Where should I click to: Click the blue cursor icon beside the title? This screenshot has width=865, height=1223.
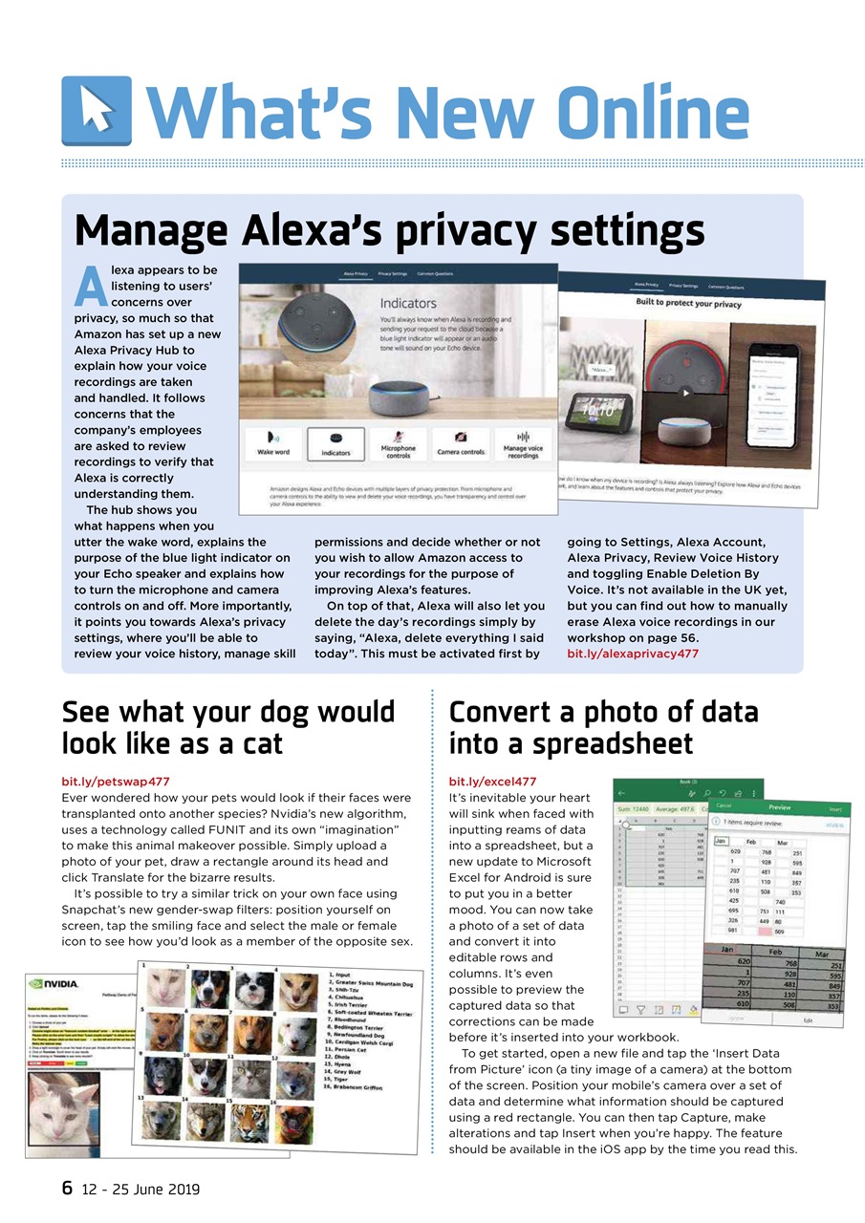(x=96, y=111)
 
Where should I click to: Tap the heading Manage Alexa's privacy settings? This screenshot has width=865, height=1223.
(x=389, y=230)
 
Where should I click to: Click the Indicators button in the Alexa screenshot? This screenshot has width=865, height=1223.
(x=335, y=443)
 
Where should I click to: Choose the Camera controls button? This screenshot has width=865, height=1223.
(x=461, y=443)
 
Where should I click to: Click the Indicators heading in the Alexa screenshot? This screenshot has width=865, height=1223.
(x=409, y=303)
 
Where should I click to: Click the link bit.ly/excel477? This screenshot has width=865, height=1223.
(x=492, y=782)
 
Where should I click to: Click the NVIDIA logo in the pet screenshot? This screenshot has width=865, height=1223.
(x=54, y=983)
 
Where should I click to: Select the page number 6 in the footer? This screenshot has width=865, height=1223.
(x=67, y=1189)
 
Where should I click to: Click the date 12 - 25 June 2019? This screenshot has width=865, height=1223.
(x=141, y=1190)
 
